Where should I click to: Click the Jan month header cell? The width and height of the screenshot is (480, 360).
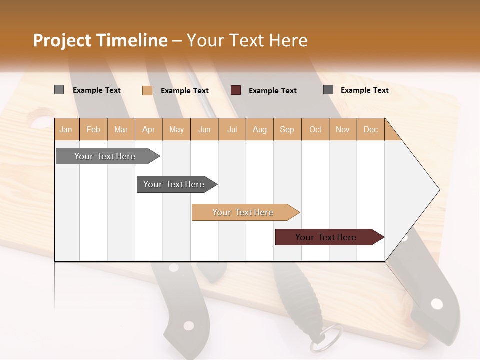pos(66,129)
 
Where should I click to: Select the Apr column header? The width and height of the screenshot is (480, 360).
pos(148,129)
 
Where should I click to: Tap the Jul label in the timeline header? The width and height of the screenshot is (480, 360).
pos(232,129)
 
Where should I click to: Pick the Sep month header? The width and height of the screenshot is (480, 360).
pos(287,129)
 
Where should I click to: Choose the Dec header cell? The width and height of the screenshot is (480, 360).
pos(370,129)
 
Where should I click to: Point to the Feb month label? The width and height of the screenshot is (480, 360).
pos(93,129)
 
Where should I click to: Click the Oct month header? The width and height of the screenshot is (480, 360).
pos(315,129)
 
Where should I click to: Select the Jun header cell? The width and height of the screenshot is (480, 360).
pos(204,129)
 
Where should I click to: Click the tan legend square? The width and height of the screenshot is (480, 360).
pos(147,90)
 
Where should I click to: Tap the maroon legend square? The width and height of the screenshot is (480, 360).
pos(236,90)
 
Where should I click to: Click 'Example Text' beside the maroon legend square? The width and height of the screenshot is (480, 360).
pos(272,91)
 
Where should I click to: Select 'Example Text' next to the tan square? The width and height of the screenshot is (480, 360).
pos(184,91)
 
